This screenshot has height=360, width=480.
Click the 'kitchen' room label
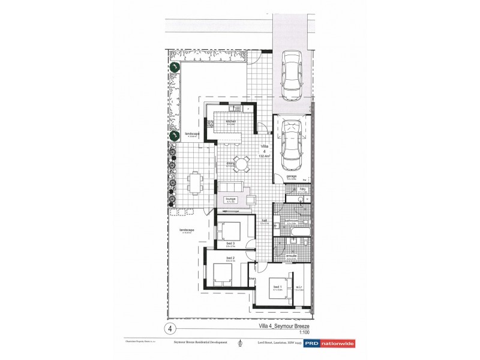pyautogui.click(x=231, y=121)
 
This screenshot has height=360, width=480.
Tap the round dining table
pyautogui.click(x=241, y=164)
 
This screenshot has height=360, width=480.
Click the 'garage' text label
pyautogui.click(x=291, y=176)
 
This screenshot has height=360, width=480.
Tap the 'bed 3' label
pyautogui.click(x=221, y=243)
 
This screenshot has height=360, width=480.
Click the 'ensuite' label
pyautogui.click(x=290, y=256)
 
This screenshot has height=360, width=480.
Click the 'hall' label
pyautogui.click(x=264, y=220)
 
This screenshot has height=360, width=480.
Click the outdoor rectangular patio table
pyautogui.click(x=194, y=182)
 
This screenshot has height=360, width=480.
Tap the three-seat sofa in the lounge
pyautogui.click(x=230, y=187)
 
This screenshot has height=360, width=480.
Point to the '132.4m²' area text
pyautogui.click(x=264, y=157)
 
